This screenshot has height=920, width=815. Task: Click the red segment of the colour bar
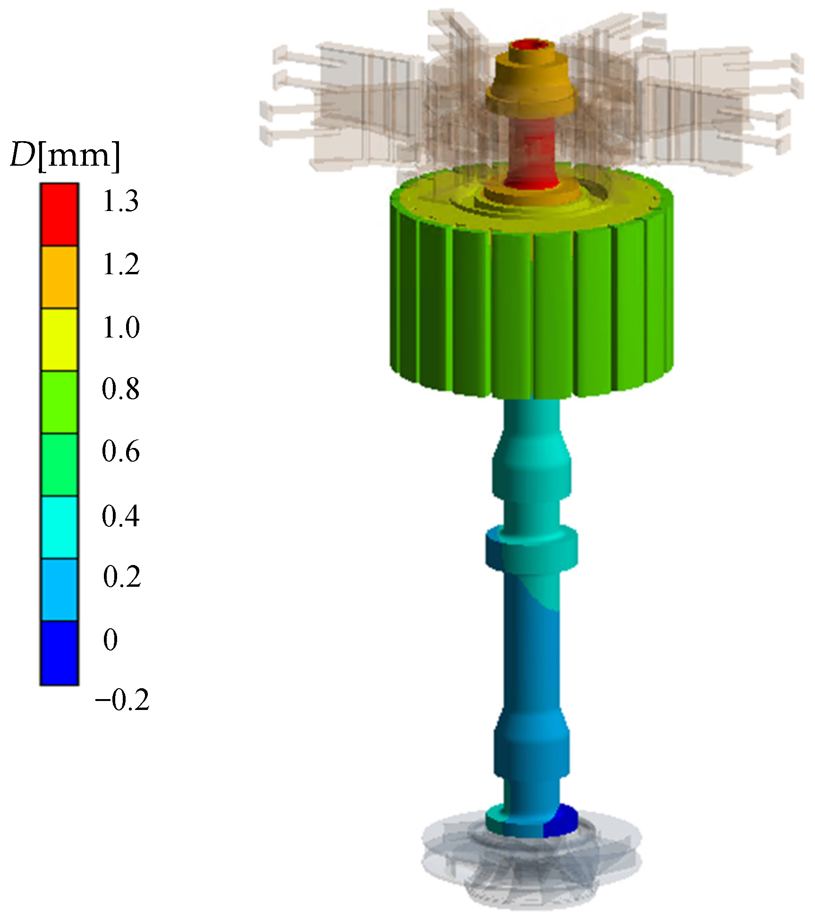coord(59,215)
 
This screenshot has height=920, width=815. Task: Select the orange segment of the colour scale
coord(59,277)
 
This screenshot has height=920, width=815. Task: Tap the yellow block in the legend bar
coord(59,339)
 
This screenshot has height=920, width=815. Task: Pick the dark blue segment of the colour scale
coord(59,653)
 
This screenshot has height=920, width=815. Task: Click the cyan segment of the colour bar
coord(59,527)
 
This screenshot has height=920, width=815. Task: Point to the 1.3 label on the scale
coord(121,202)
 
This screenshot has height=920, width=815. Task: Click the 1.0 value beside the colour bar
coord(121,327)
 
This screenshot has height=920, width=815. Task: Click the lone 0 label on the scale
coord(110,640)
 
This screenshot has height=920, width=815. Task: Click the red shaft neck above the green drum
coord(532,151)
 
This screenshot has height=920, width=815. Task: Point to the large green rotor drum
coord(531,302)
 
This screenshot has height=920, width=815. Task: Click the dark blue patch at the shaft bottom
coord(562,820)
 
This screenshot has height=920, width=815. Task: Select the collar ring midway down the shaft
coord(532,548)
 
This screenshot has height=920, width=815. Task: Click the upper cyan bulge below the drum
coord(531,472)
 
